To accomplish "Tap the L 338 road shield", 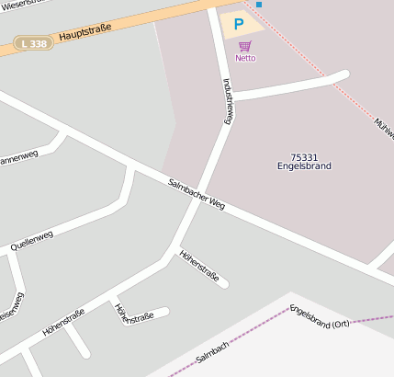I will tap(34, 43).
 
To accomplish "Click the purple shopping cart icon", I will tap(244, 46).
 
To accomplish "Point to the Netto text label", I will tap(245, 58).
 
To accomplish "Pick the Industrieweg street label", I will tap(229, 100).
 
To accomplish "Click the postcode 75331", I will tap(303, 157).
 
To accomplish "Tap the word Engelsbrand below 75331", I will tap(303, 166).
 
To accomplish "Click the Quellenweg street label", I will tap(32, 241).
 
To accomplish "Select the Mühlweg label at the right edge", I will tap(384, 129).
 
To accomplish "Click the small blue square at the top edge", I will tap(259, 5).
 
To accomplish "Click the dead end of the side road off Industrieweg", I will tap(344, 74).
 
